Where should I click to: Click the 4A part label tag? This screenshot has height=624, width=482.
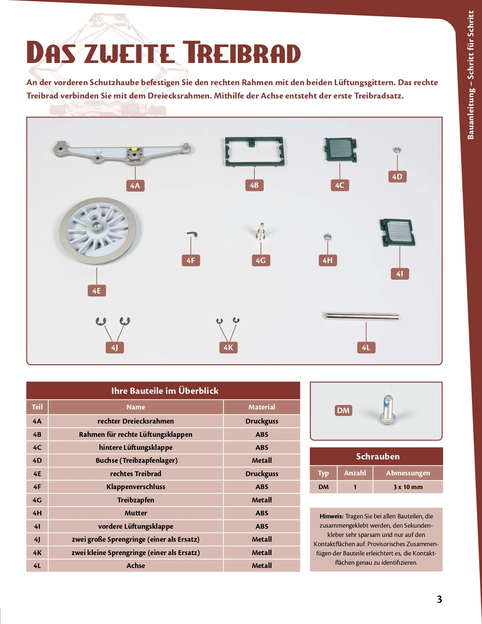coord(135,185)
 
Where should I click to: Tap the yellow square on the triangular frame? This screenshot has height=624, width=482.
coord(135,150)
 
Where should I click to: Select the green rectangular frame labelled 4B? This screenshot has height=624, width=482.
coord(255,152)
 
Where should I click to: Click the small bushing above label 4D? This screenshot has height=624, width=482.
coord(397,150)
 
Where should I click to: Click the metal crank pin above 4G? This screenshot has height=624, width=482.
coord(261,232)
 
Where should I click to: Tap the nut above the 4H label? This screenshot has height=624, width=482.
coord(327,237)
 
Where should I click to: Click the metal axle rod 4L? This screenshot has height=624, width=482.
coord(362,316)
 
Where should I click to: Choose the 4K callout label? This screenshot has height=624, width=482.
coord(228,347)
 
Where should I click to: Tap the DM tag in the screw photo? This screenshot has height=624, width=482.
coord(343,410)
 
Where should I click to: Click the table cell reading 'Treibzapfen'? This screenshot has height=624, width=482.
coord(136,500)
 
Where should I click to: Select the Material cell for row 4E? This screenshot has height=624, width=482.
coord(262,474)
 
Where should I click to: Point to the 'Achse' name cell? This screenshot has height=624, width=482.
coord(136,565)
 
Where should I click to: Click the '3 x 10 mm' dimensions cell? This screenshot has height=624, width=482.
coord(408,487)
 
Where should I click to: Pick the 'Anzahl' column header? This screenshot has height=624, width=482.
coord(355,473)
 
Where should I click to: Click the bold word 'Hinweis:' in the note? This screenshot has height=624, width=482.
coord(331,516)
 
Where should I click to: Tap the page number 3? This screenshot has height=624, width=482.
coord(439,599)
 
